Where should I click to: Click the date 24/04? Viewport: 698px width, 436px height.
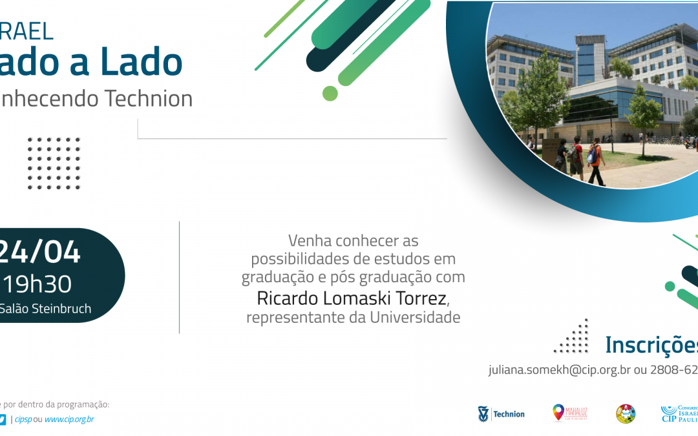(x=40, y=251)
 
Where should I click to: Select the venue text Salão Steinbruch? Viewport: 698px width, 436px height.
(x=45, y=308)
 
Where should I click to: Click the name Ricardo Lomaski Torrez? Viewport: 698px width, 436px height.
(x=351, y=298)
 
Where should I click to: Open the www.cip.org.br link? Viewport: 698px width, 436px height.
(x=69, y=419)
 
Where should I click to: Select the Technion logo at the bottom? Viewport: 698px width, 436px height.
(x=501, y=414)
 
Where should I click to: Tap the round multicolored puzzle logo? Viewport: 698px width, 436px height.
(x=625, y=413)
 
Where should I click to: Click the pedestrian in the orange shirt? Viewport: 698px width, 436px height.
(x=595, y=162)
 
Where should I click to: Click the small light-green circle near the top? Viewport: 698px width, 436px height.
(x=330, y=93)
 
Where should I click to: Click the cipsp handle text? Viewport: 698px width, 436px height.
(x=23, y=419)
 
